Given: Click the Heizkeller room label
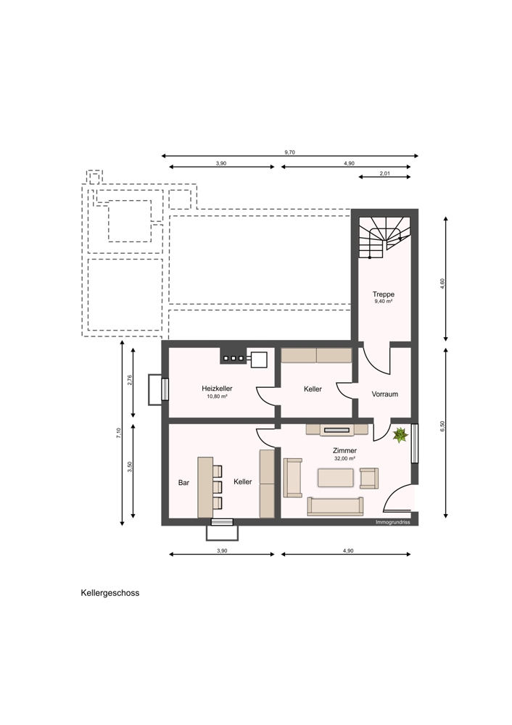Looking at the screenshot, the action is point(217,389).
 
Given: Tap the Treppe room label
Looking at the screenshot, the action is point(384,294).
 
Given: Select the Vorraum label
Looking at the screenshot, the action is point(385,394).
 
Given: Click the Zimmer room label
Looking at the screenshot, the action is point(344,450).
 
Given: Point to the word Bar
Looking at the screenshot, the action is point(183,483).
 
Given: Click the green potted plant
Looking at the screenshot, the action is point(400,434).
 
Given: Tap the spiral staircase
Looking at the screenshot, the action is point(384,238).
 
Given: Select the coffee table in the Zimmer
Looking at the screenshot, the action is point(335,478).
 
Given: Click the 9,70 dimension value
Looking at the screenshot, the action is point(289,152).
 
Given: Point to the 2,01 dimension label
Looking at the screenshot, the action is point(385,173).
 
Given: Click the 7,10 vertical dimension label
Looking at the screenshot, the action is point(119,434).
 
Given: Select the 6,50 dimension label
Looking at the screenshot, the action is point(442,427).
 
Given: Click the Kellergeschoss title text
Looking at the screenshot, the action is point(110,593).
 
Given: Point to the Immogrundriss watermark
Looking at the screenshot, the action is point(390,522).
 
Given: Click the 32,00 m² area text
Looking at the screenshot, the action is point(344,459).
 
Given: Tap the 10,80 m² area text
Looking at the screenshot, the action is point(217,397).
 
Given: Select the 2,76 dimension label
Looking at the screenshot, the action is point(130,380).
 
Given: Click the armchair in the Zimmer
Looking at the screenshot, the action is point(369,478).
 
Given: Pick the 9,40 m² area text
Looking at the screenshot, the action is point(384,302).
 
